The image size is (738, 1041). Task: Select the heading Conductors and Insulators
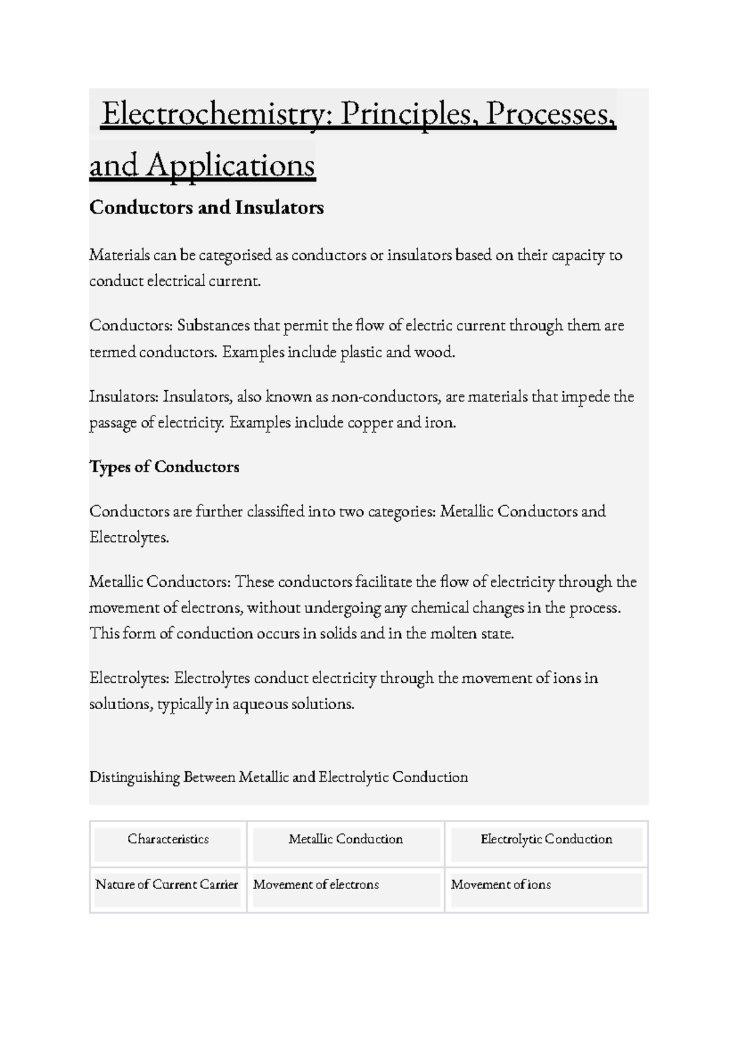point(207,208)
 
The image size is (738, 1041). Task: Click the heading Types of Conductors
point(164,467)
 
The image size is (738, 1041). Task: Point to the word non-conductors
point(386,397)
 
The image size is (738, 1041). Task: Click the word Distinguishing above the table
point(135,777)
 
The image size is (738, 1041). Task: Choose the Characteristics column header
point(168,839)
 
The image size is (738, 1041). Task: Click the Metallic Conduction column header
point(346,839)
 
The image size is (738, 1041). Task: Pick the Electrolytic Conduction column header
point(546,839)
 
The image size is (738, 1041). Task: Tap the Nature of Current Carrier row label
point(167,885)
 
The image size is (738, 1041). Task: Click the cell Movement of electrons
point(316,885)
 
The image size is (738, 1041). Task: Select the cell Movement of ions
point(501,885)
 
